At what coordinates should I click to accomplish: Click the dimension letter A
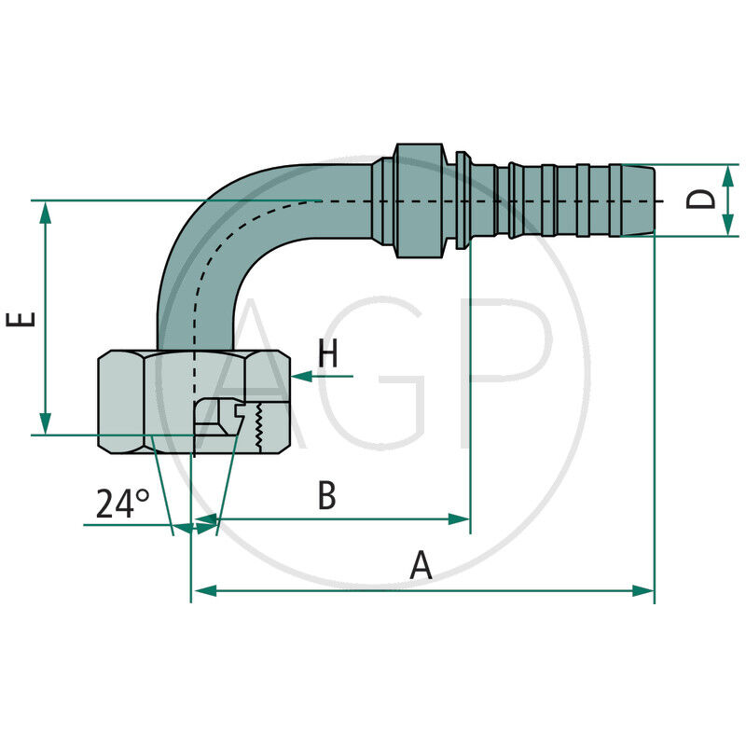pos(421,565)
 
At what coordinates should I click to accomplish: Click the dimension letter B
pos(326,496)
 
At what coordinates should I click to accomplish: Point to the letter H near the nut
pos(327,355)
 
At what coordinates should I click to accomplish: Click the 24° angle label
pos(122,504)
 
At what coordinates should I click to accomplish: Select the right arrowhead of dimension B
pos(459,518)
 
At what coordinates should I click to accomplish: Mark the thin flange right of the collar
pos(462,200)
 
